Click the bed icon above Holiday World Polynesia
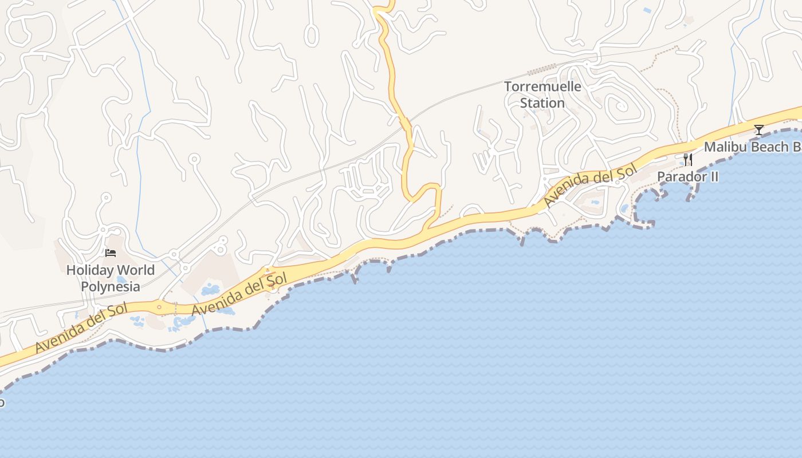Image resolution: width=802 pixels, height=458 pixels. point(111,252)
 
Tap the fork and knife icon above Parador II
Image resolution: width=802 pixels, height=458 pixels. point(687,160)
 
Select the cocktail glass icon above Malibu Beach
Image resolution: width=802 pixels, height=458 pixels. point(759,130)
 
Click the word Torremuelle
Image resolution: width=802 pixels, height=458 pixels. point(542,87)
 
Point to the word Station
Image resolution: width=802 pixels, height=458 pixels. point(542,103)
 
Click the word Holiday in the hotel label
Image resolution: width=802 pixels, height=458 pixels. point(89,270)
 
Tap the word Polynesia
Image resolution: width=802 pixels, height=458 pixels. point(111,286)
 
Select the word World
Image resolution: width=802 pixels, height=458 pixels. point(134,270)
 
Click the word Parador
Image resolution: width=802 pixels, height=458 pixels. point(682,176)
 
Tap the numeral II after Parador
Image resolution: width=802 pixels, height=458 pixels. point(714,176)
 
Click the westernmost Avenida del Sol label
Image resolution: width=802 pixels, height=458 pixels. point(81,329)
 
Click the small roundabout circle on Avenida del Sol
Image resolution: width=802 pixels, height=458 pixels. point(159,307)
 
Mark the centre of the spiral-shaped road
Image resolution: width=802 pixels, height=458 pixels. point(620,106)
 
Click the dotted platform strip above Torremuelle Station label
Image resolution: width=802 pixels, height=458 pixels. point(542,70)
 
